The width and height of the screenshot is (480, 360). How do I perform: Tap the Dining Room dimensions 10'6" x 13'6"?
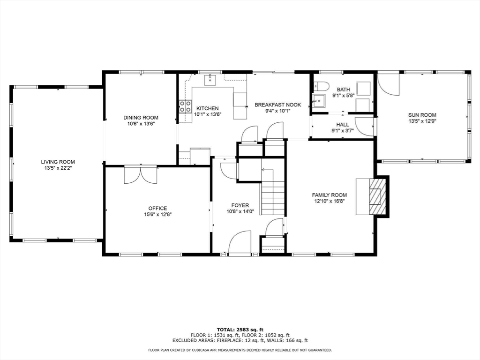click(141, 124)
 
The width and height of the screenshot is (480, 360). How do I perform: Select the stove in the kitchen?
click(185, 106)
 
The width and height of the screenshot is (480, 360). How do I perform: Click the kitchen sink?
click(210, 79)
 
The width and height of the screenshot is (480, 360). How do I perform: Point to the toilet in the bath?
click(321, 86)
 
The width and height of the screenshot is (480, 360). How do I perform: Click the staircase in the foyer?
click(273, 197)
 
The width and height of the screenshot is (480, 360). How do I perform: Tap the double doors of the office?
click(140, 175)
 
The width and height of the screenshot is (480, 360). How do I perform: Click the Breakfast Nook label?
click(277, 105)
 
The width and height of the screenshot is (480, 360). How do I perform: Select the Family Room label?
click(330, 195)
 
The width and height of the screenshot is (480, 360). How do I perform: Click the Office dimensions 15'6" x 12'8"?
click(157, 215)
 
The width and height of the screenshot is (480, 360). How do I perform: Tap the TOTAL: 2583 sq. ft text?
click(240, 329)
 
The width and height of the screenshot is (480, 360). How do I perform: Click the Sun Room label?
click(422, 115)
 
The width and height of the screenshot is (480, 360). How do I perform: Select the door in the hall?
click(364, 126)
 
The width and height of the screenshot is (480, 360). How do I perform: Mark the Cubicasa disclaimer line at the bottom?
click(240, 350)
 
